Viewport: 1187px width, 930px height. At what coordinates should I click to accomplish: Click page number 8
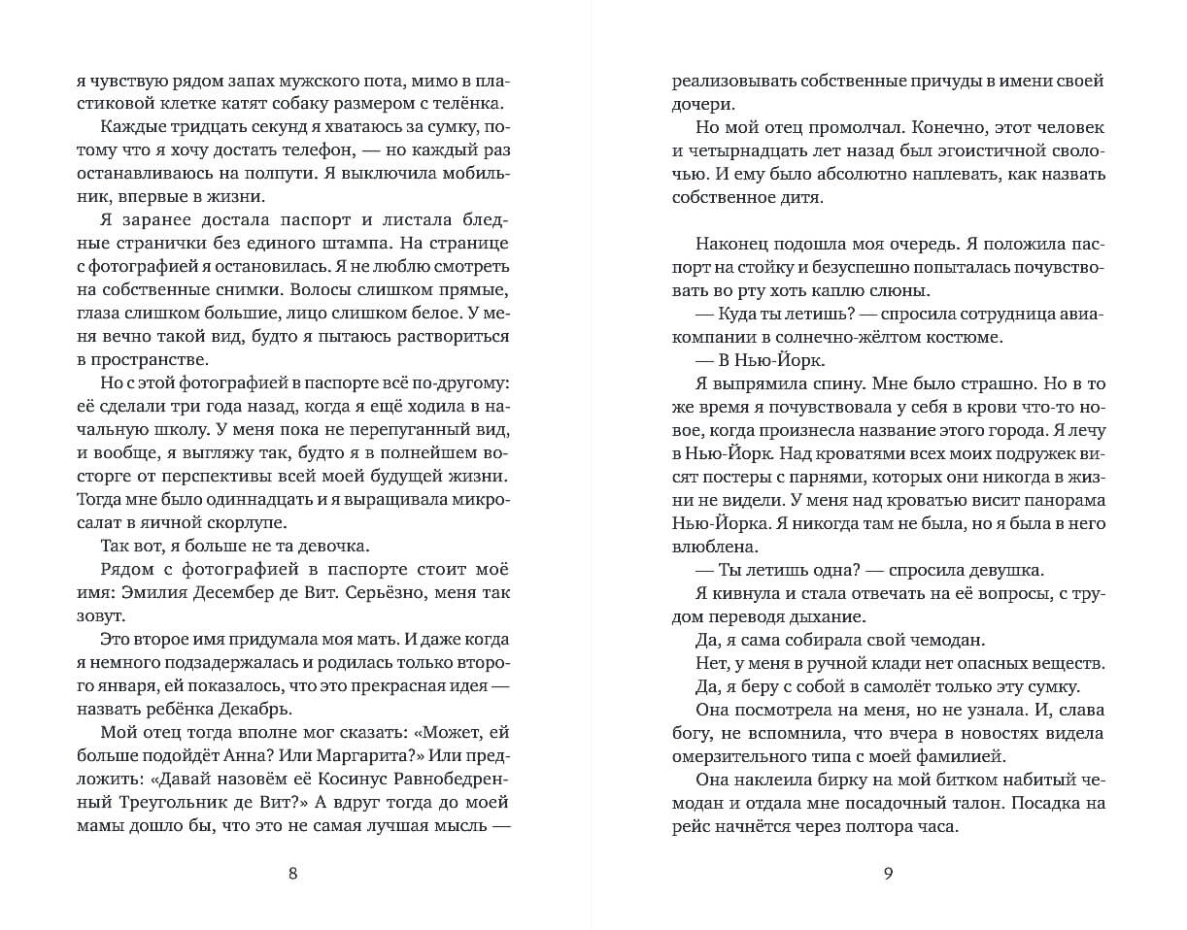point(293,872)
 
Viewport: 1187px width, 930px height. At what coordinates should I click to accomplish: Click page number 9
point(888,872)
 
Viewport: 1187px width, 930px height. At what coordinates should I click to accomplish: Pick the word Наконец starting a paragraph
point(735,244)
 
